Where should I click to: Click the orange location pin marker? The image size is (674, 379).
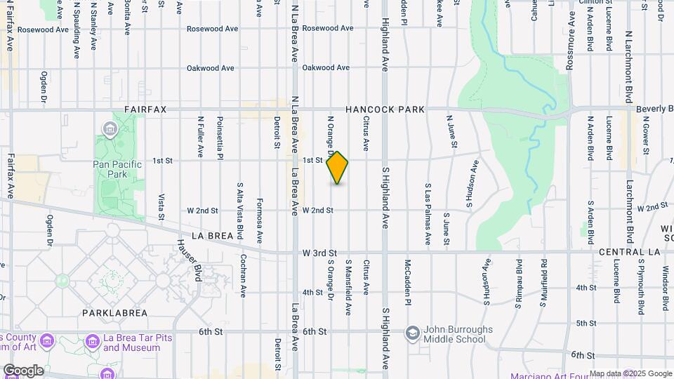coord(338,167)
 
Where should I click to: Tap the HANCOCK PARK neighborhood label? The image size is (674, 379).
coord(385,109)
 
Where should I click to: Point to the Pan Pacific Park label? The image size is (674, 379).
coord(117,169)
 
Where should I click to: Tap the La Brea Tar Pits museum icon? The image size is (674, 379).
coord(92,341)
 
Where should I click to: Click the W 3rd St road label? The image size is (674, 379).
coord(319,252)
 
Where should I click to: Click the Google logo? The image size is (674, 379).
coord(22,371)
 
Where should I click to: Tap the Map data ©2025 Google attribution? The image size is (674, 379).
coord(630,373)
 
